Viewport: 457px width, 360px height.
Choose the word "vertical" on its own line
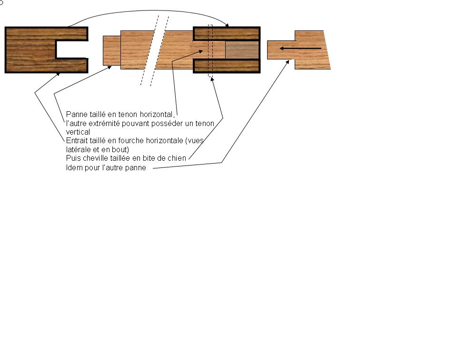click(78, 132)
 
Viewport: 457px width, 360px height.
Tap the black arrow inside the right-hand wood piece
click(300, 49)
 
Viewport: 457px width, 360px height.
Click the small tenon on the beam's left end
click(112, 50)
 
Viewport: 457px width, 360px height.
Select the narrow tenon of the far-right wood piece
click(281, 50)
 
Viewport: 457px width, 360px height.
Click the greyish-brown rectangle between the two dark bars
click(242, 50)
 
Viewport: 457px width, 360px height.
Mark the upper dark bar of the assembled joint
click(227, 34)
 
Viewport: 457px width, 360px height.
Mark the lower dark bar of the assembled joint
click(227, 66)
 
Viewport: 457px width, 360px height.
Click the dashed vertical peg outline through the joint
click(210, 51)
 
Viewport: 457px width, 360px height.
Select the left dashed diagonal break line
click(149, 50)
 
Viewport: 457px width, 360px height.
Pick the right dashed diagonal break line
click(160, 51)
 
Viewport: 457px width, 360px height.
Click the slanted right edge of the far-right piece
click(327, 50)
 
